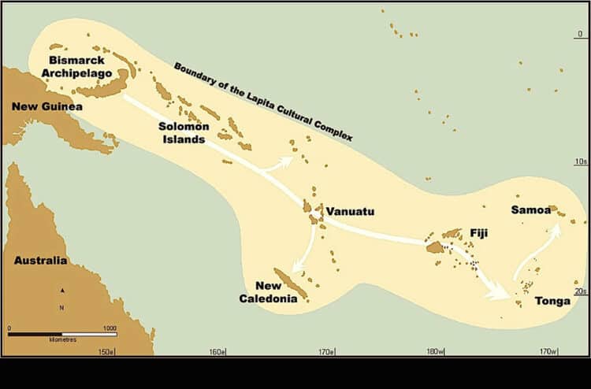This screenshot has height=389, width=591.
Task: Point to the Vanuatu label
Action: click(351, 212)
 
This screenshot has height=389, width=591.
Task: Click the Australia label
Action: click(40, 261)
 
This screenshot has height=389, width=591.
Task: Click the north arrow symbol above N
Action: click(61, 290)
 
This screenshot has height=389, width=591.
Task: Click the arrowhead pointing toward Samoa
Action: click(557, 228)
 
